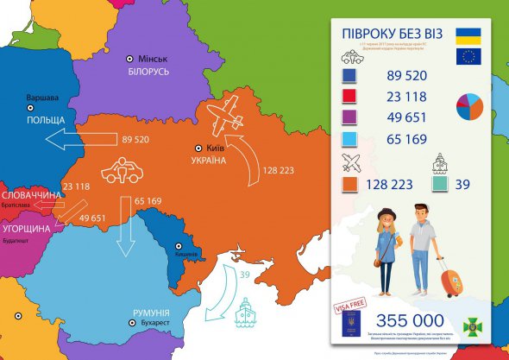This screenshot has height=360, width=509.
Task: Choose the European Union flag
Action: [x=468, y=58]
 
